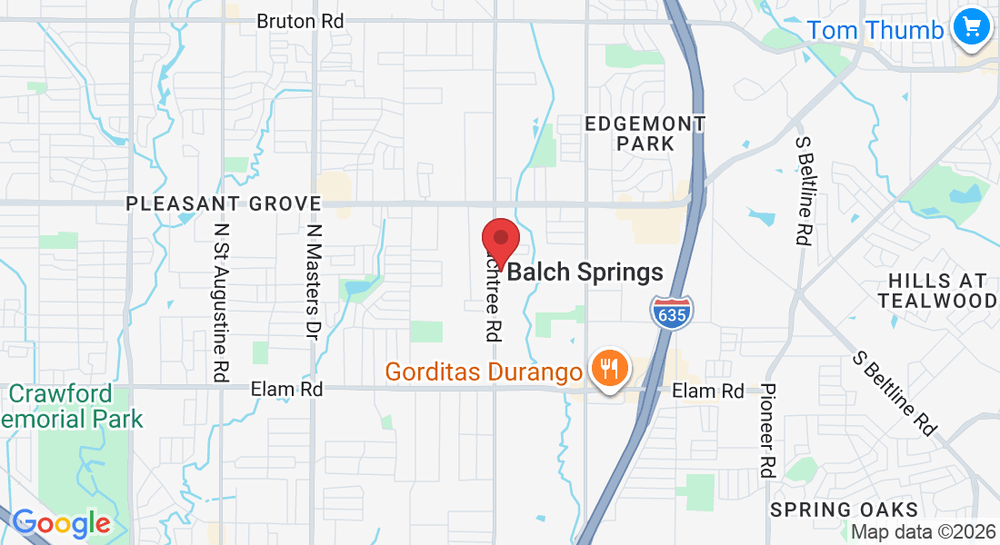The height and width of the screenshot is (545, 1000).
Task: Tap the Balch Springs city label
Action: [x=585, y=272]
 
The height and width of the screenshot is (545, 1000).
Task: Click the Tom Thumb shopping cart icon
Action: [x=972, y=26]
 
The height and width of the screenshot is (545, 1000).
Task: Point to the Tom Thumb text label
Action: [x=875, y=30]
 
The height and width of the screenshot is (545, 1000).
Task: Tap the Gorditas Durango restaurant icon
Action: [x=605, y=369]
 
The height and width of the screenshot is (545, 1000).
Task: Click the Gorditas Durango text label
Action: [x=484, y=372]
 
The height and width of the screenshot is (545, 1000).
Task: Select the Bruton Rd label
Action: [x=300, y=20]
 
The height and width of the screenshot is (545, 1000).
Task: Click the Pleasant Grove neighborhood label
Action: [x=224, y=203]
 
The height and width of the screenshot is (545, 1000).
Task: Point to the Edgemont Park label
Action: [x=645, y=133]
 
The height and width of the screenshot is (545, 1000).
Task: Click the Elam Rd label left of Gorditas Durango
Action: [x=286, y=389]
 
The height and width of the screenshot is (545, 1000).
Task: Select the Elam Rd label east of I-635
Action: [x=708, y=391]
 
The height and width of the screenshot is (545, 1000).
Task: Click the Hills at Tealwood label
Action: [x=937, y=291]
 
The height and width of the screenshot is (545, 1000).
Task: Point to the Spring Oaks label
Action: [x=845, y=510]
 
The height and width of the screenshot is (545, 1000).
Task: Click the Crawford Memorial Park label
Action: [x=73, y=407]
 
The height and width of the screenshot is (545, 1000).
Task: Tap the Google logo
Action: [x=61, y=523]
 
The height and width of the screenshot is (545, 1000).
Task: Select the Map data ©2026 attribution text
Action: [x=923, y=532]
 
